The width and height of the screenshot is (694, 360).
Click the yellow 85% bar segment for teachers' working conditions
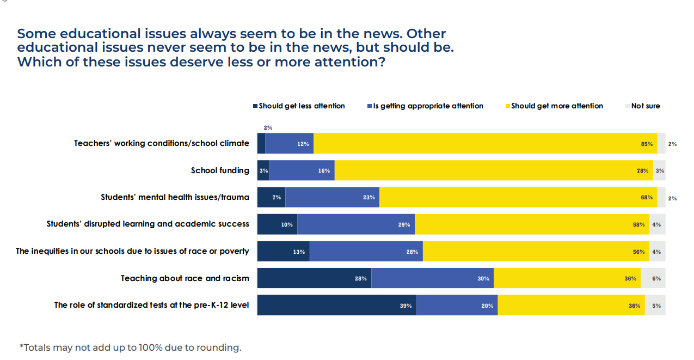pyautogui.click(x=485, y=144)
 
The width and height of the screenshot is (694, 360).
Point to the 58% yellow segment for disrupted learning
pyautogui.click(x=532, y=224)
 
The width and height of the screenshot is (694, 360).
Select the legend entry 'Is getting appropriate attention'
pyautogui.click(x=428, y=106)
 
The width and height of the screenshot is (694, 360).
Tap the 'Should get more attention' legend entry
pyautogui.click(x=557, y=106)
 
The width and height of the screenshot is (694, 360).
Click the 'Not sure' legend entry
pyautogui.click(x=645, y=106)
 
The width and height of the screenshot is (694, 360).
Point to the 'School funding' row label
pyautogui.click(x=220, y=170)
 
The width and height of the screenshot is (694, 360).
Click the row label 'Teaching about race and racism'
pyautogui.click(x=185, y=278)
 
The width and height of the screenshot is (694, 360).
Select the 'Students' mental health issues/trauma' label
pyautogui.click(x=175, y=197)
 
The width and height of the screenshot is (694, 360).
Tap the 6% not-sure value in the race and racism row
pyautogui.click(x=656, y=278)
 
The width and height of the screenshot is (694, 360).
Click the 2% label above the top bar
pyautogui.click(x=268, y=127)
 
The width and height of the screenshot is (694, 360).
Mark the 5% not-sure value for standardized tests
pyautogui.click(x=656, y=306)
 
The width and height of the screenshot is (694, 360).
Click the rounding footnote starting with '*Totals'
pyautogui.click(x=130, y=347)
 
